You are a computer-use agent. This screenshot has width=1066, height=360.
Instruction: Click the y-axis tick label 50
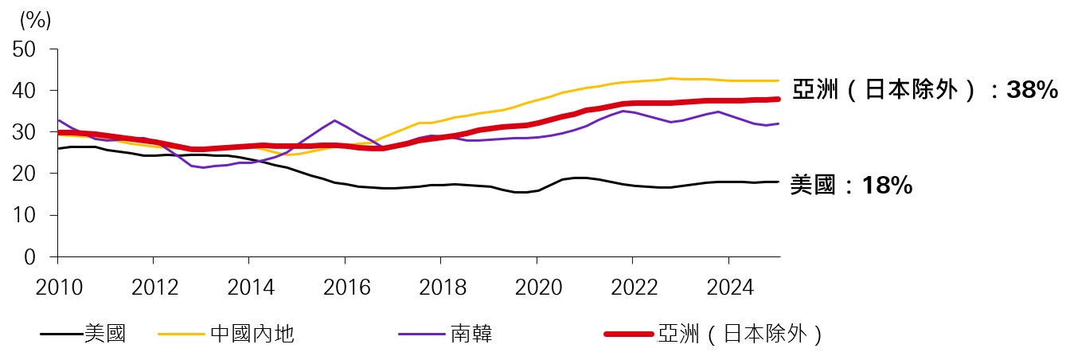pyautogui.click(x=25, y=49)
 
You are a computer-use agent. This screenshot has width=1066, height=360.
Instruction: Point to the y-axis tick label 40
pyautogui.click(x=25, y=91)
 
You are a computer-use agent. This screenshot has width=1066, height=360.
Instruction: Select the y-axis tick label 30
pyautogui.click(x=25, y=132)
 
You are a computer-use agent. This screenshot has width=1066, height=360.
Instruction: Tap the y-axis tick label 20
pyautogui.click(x=25, y=174)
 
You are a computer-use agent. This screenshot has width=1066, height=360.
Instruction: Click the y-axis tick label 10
pyautogui.click(x=25, y=215)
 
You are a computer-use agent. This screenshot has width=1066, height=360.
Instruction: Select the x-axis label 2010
pyautogui.click(x=58, y=287)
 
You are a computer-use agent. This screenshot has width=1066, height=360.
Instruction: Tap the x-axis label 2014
pyautogui.click(x=249, y=287)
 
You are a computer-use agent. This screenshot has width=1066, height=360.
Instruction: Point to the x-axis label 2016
pyautogui.click(x=346, y=287)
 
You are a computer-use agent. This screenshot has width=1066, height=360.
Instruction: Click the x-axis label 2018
pyautogui.click(x=441, y=287)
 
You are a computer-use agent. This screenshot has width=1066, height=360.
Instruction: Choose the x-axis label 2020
pyautogui.click(x=537, y=287)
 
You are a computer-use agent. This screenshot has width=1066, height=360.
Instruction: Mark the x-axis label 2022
pyautogui.click(x=633, y=287)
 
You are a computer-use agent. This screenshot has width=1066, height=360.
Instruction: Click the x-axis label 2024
pyautogui.click(x=728, y=287)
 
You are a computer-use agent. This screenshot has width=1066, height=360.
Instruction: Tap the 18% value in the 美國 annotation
pyautogui.click(x=888, y=186)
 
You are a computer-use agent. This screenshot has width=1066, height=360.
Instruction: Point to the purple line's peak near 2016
pyautogui.click(x=335, y=120)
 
